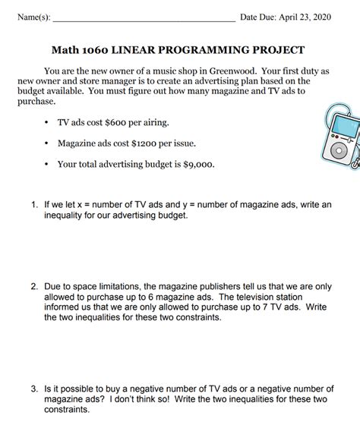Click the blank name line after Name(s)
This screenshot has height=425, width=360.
[x=144, y=18]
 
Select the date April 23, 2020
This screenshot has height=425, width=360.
[x=311, y=17]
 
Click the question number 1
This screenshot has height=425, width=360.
[x=34, y=205]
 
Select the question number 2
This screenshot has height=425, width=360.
[x=34, y=287]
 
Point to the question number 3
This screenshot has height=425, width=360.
[x=34, y=389]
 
